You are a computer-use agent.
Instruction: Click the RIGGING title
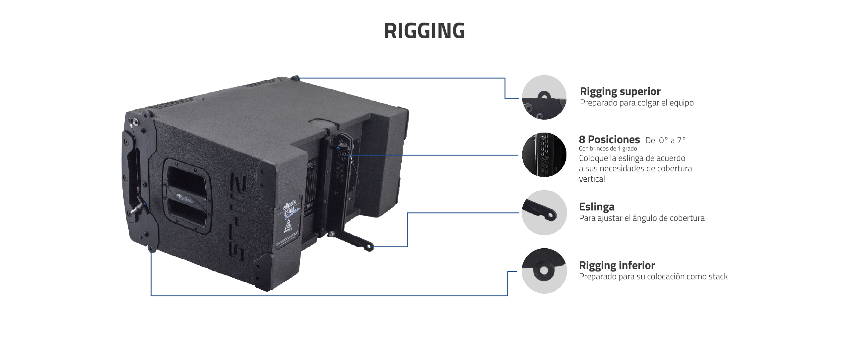coord(424,30)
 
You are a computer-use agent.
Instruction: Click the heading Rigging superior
coord(620,91)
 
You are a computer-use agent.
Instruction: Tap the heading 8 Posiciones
coord(609,140)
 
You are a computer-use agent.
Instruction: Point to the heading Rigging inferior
coord(617,265)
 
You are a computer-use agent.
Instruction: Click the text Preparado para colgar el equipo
coord(636,103)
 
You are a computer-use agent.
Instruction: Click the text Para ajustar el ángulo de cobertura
coord(641,218)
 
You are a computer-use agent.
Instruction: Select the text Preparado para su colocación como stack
coord(653,276)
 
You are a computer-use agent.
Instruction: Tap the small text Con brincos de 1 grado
coord(608,149)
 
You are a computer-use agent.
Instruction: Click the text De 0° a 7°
coord(665,141)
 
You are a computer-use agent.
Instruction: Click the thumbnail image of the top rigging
coord(544,97)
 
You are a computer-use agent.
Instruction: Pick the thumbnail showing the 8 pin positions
coord(544,154)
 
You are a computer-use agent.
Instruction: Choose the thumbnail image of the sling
coord(544,212)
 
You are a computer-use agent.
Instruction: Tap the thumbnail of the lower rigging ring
coord(544,270)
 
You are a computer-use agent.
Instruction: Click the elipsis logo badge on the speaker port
coord(186,199)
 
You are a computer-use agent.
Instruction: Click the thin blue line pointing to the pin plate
coord(431,155)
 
